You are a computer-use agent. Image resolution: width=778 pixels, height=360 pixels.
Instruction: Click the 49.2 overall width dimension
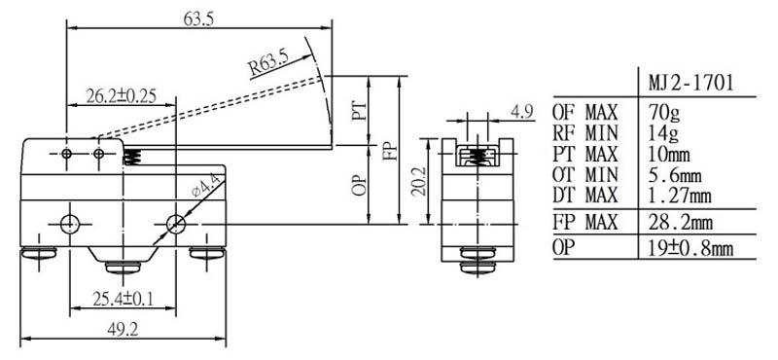(x=123, y=329)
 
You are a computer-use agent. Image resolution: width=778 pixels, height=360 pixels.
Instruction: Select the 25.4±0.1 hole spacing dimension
(x=124, y=299)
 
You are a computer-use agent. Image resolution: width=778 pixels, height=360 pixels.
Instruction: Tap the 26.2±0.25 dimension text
(x=121, y=95)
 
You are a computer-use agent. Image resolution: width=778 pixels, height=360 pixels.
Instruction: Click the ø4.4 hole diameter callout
(x=206, y=187)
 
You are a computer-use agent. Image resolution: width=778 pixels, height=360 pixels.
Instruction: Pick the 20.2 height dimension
(x=419, y=181)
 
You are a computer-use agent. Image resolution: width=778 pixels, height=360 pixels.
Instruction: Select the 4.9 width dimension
(x=522, y=112)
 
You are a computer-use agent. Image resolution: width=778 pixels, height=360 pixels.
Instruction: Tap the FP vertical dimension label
(x=390, y=151)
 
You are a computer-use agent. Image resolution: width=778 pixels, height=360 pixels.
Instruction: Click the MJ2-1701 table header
(x=690, y=83)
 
